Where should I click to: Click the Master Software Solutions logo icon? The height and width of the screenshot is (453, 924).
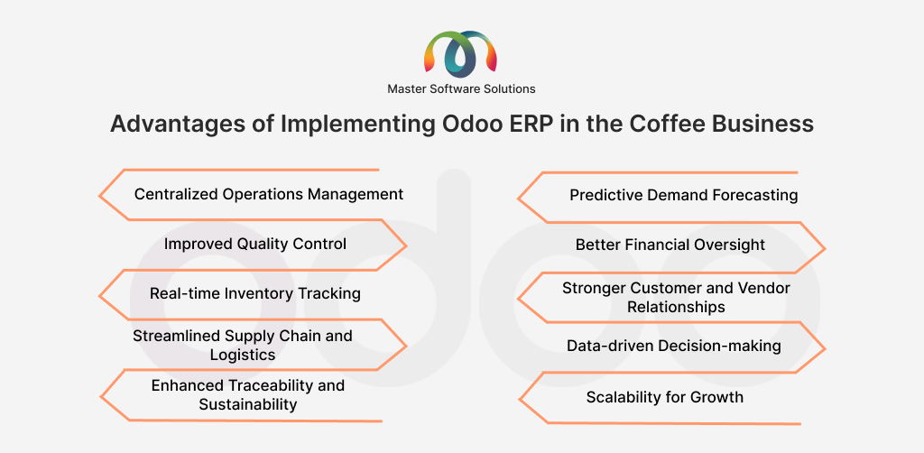(461, 53)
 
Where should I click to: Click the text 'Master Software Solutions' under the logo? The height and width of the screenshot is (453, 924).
(461, 88)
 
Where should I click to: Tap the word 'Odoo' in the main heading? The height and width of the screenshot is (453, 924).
(469, 124)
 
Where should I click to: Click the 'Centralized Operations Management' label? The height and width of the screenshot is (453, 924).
(269, 194)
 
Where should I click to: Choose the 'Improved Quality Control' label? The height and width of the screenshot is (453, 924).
(255, 244)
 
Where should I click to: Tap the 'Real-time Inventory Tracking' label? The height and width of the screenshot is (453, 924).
(255, 293)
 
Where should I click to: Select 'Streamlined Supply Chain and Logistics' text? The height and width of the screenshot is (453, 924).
(243, 345)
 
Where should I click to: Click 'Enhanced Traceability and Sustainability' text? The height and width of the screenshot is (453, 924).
(248, 395)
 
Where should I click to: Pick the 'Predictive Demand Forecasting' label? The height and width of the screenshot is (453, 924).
(684, 195)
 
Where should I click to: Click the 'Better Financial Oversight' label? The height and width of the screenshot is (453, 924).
(670, 245)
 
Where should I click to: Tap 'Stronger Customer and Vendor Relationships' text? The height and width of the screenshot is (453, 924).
(676, 297)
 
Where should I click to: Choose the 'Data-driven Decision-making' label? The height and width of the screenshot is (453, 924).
(674, 346)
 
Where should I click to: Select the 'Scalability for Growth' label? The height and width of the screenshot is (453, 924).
(665, 397)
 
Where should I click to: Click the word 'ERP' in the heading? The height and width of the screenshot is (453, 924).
(536, 124)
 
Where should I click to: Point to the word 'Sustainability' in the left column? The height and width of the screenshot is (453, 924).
(248, 405)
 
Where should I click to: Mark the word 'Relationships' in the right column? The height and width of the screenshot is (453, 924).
(676, 307)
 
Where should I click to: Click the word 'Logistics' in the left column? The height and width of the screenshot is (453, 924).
(243, 355)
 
